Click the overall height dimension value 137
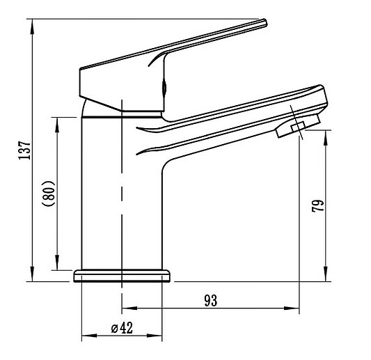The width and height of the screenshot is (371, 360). click(x=24, y=150)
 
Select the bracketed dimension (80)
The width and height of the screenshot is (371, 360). click(x=48, y=194)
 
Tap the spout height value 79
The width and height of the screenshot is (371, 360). click(x=317, y=205)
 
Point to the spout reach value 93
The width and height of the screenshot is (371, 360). click(x=211, y=301)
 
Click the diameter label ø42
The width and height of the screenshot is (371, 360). click(x=122, y=328)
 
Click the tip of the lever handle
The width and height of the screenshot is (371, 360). click(x=265, y=22)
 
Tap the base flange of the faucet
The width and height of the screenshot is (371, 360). click(x=122, y=276)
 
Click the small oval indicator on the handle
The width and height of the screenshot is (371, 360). click(x=164, y=88)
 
